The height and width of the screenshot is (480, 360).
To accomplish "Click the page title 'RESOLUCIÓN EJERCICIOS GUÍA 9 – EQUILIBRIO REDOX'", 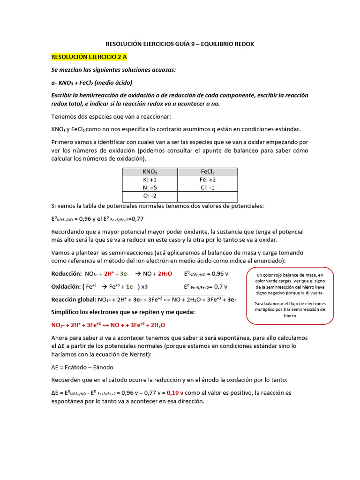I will pos(180,44).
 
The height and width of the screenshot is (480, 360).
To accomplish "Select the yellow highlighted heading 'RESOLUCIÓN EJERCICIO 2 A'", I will pos(89,57).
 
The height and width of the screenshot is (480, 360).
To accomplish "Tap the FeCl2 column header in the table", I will pos(207,172).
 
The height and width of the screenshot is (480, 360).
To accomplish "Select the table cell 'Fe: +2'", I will pos(207,180).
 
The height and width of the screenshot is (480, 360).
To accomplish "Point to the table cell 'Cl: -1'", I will pos(207,188).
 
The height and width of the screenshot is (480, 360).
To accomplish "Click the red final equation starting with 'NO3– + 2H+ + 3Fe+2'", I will pos(108,325).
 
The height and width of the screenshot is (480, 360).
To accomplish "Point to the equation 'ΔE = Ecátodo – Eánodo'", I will pos(82,367).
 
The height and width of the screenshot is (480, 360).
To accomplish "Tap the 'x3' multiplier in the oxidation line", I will pos(144,286).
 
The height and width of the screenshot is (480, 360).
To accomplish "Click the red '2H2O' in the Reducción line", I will pos(165,274).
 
